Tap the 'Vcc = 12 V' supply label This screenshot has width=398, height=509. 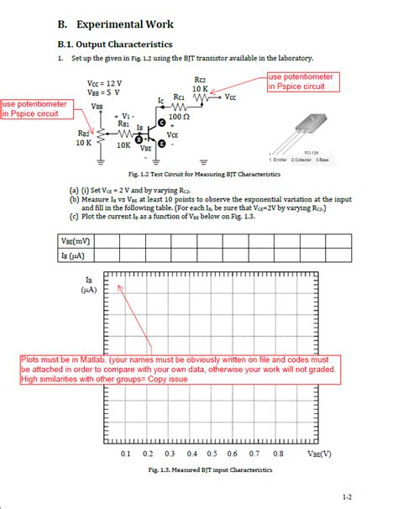click(104, 84)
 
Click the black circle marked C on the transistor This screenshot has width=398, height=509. click(163, 123)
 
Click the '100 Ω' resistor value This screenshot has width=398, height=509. click(180, 116)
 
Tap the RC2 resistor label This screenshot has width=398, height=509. click(200, 80)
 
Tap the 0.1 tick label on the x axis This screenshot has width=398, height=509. click(125, 453)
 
